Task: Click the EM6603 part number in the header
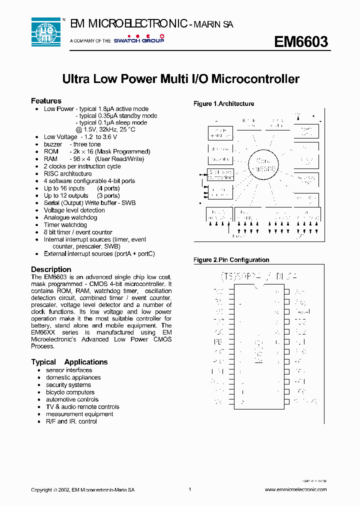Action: point(300,42)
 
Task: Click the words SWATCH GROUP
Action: point(139,40)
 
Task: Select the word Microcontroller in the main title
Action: point(255,79)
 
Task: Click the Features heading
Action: point(46,101)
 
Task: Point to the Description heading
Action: point(51,269)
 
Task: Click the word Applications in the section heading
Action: point(86,362)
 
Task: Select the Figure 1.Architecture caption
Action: point(223,104)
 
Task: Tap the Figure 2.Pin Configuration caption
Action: point(231,260)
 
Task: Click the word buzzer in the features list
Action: point(53,144)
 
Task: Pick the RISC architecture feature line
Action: point(67,173)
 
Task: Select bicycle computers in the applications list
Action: point(70,392)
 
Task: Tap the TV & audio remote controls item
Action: point(82,407)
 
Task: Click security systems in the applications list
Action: point(68,385)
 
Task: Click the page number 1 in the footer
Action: point(190,489)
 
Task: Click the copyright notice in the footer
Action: point(82,490)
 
